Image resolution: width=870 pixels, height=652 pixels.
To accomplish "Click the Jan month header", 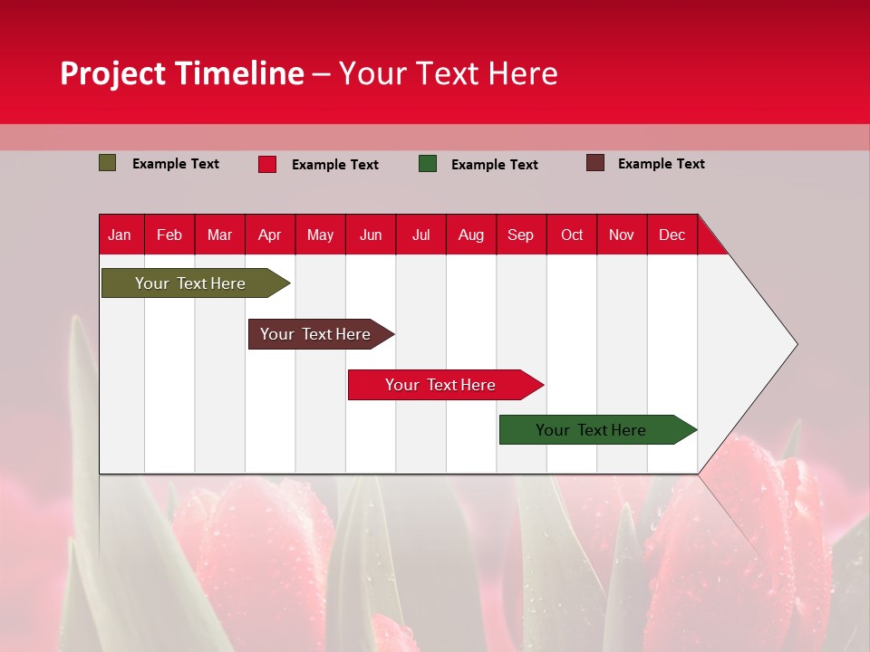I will (x=120, y=235).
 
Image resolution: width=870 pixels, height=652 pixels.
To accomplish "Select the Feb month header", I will (x=169, y=235).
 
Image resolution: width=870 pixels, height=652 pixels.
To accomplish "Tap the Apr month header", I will (x=270, y=235).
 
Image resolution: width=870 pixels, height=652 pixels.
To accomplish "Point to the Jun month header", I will (x=371, y=235).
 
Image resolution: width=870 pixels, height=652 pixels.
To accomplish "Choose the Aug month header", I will (x=471, y=235).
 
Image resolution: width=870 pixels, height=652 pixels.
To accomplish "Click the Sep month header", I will (x=521, y=235).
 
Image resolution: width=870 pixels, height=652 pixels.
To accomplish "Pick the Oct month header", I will (x=572, y=235).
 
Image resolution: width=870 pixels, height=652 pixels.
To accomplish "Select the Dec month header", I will (x=672, y=235).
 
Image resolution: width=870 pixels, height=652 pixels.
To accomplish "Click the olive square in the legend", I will (x=108, y=163).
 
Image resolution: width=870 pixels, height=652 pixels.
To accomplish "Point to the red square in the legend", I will (x=267, y=164).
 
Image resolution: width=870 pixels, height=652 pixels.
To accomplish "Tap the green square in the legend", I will (x=428, y=164).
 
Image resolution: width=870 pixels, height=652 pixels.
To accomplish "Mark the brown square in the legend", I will (x=595, y=163).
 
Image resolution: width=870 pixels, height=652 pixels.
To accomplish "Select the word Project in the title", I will (x=113, y=73).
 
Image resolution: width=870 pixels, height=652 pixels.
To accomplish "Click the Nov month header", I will (x=622, y=235).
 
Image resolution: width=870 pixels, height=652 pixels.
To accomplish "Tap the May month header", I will (x=320, y=235).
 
